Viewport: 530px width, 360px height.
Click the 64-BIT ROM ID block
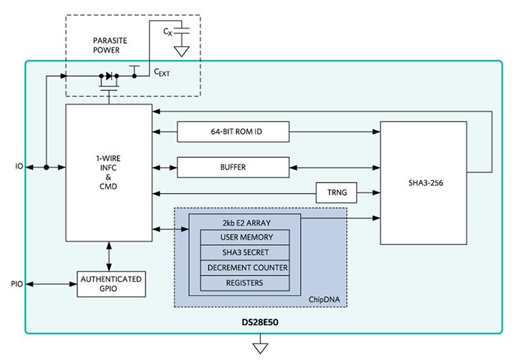tap(233, 133)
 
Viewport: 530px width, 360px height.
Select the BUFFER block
tap(233, 167)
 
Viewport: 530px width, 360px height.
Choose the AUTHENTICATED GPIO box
tap(110, 284)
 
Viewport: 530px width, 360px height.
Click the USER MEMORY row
tap(245, 237)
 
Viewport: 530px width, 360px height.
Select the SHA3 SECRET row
tap(245, 252)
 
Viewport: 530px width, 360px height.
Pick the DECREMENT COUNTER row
tap(245, 267)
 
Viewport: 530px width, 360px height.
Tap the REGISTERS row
tap(245, 283)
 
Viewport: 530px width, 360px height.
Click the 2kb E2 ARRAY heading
tap(245, 222)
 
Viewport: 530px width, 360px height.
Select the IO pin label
tap(19, 167)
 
